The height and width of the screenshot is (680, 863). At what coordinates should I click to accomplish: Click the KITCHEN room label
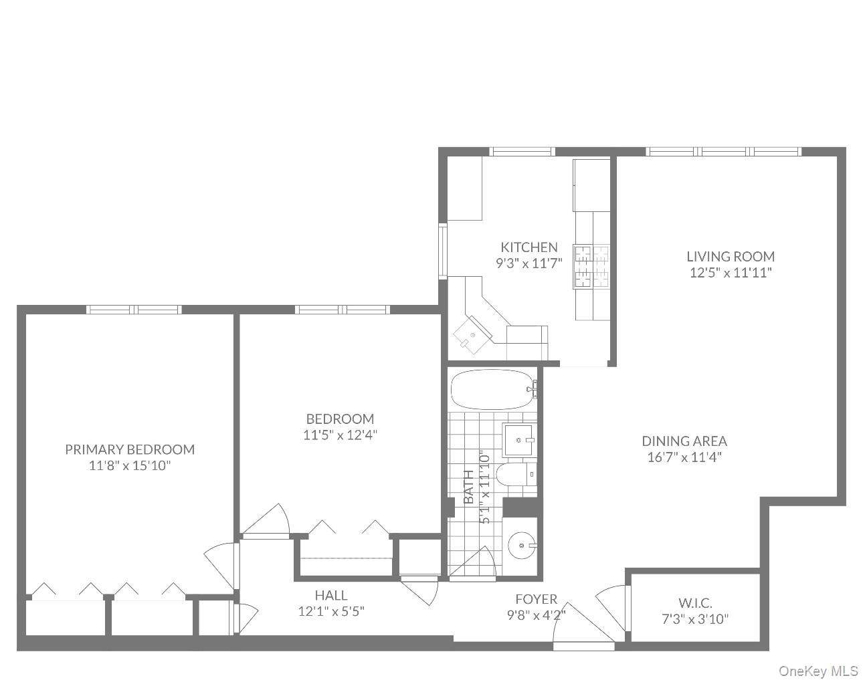(529, 247)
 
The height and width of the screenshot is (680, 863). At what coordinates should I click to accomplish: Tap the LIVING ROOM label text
(731, 257)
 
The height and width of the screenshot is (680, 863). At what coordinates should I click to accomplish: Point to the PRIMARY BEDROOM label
(130, 450)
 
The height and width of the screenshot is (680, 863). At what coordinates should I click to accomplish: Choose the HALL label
(331, 595)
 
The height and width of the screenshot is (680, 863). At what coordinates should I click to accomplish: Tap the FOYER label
(536, 599)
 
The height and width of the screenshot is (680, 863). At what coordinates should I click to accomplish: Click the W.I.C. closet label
(695, 602)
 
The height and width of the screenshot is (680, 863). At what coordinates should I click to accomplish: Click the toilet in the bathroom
(521, 475)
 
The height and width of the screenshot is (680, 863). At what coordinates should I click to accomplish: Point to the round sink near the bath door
(522, 546)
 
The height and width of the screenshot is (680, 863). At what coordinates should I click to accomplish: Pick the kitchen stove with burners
(592, 267)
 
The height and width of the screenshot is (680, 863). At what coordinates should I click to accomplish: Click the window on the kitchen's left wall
(442, 251)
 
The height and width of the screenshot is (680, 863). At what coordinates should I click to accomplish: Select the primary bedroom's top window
(134, 309)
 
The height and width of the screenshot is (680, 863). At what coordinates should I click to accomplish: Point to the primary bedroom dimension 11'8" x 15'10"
(130, 466)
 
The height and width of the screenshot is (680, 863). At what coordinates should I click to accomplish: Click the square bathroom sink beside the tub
(519, 439)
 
